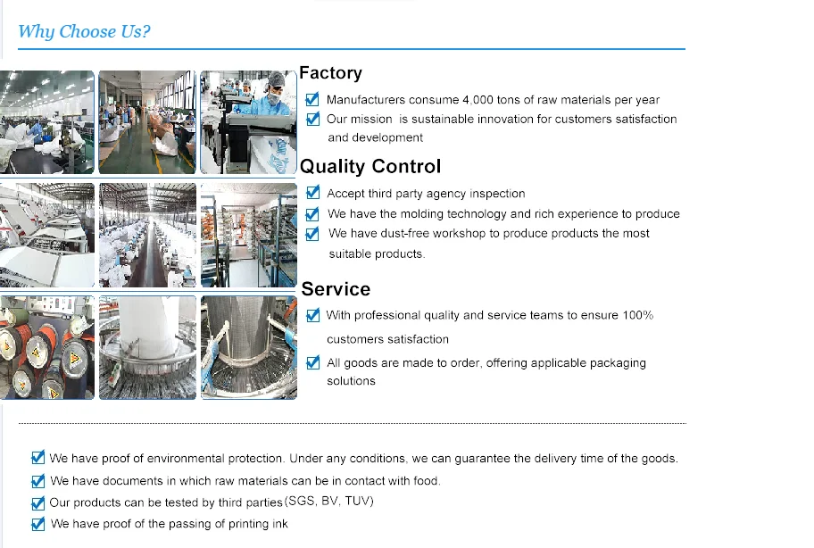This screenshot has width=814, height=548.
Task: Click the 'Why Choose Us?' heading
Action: coord(84,32)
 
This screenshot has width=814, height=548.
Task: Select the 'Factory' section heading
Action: coord(330,73)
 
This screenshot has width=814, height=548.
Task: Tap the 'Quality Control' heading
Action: coord(370,167)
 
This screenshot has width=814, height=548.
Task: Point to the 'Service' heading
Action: coord(336,289)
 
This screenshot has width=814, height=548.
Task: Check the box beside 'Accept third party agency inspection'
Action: coord(312,193)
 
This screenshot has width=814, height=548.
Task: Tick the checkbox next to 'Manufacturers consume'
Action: coord(312,100)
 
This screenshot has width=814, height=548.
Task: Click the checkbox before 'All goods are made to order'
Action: coord(312,362)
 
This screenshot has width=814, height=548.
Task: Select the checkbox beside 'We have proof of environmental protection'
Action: coord(37,458)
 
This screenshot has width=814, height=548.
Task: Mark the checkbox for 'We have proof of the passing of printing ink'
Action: coord(37,524)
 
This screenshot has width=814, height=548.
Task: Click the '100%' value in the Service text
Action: coord(638,315)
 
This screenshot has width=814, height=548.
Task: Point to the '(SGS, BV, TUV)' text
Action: coord(329,502)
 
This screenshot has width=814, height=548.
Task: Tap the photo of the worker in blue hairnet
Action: coord(248,122)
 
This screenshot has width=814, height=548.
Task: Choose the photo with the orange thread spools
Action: coord(46,347)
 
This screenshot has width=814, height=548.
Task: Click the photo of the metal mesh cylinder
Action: coord(248,347)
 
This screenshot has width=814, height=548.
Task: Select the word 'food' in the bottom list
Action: coord(424,481)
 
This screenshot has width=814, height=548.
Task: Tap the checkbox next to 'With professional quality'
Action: coord(312,315)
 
